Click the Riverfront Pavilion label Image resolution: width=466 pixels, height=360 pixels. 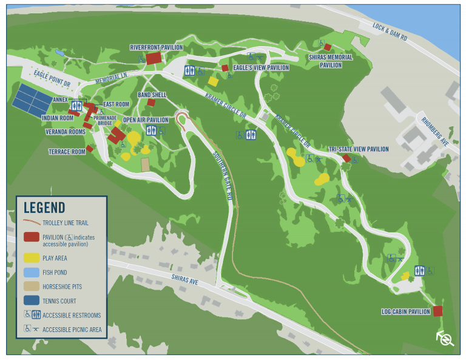click(x=156, y=47)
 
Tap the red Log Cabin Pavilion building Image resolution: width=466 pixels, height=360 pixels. click(x=437, y=311)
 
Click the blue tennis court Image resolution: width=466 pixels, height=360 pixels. click(x=32, y=98)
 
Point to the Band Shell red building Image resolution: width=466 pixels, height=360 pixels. click(x=151, y=103)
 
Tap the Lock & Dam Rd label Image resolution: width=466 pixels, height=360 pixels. click(x=390, y=33)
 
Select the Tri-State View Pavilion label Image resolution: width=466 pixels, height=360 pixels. click(x=358, y=149)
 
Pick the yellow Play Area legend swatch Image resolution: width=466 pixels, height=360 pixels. click(x=32, y=258)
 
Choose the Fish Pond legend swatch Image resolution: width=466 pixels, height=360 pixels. click(x=32, y=272)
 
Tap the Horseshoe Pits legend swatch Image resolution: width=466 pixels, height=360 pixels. click(x=32, y=287)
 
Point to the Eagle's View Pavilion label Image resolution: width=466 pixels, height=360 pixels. click(x=261, y=68)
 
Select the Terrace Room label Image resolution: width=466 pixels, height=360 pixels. click(x=67, y=152)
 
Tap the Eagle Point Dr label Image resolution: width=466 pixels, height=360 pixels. click(x=52, y=77)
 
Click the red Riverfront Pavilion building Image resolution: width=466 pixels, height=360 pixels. click(x=154, y=58)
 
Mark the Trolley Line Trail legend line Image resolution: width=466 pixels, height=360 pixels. click(x=32, y=223)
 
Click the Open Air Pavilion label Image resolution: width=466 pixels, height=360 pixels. click(x=146, y=120)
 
